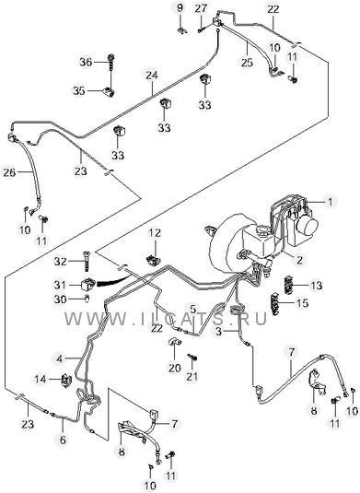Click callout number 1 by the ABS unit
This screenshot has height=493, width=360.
330,202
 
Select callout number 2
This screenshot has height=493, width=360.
299,260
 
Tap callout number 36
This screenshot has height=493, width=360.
86,62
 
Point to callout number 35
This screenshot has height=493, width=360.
79,91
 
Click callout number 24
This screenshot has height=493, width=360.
151,76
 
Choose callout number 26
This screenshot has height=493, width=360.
9,172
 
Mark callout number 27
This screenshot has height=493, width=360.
201,8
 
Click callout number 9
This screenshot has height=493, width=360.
180,7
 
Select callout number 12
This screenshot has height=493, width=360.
155,233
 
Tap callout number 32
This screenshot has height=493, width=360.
61,261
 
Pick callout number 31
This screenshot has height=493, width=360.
60,285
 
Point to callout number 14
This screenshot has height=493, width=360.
41,379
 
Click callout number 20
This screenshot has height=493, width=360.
174,368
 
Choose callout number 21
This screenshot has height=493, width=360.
192,376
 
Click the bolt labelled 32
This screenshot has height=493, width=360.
86,261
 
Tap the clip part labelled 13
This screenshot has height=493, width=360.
289,284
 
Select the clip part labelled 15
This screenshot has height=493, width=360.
276,303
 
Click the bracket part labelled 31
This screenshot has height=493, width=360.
87,285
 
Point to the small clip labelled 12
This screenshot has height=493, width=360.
153,260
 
